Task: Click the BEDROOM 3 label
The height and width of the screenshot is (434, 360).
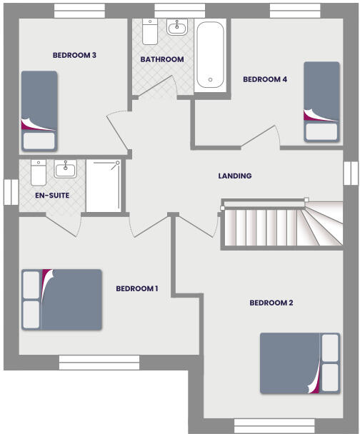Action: tap(74, 55)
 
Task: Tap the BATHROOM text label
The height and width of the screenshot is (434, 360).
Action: tap(162, 59)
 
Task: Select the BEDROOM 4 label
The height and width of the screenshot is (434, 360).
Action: tap(265, 79)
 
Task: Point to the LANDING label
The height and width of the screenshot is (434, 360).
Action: tap(235, 176)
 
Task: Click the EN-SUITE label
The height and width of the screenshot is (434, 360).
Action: tap(52, 194)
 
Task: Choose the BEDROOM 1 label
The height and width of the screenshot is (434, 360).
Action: tap(136, 288)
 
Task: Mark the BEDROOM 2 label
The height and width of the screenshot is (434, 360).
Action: tap(271, 303)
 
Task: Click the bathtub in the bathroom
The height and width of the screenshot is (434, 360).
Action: tap(211, 55)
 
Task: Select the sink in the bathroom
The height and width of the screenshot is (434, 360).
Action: tap(176, 28)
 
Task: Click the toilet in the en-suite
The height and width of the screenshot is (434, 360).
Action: tap(38, 173)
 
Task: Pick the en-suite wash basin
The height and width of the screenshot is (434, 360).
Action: tap(66, 169)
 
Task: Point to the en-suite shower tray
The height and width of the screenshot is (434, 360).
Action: tap(104, 186)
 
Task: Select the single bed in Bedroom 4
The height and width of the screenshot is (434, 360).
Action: tap(321, 101)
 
